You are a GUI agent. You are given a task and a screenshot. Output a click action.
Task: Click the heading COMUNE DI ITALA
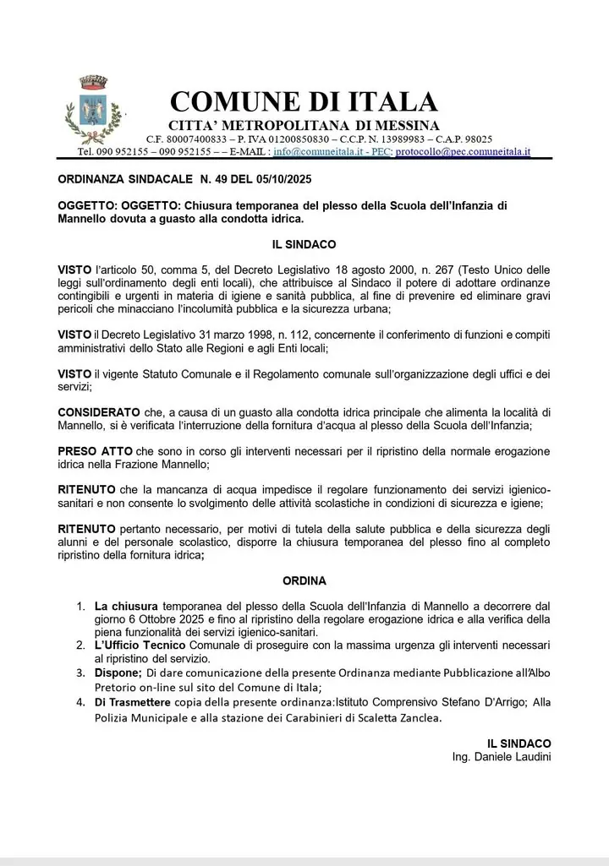pyautogui.click(x=304, y=102)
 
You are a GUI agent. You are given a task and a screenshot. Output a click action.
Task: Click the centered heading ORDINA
pyautogui.click(x=304, y=581)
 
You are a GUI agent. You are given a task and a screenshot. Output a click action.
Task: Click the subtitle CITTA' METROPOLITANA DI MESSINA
pyautogui.click(x=304, y=126)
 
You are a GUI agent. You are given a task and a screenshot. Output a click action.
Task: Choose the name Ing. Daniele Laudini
pyautogui.click(x=502, y=756)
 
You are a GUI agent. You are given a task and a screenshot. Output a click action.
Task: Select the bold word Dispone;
pyautogui.click(x=118, y=673)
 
